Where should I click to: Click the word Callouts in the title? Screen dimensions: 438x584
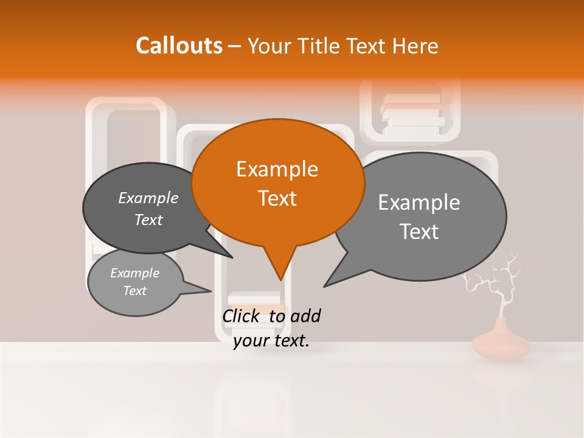179,46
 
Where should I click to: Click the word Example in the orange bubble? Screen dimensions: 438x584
277,169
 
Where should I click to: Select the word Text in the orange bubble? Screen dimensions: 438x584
277,198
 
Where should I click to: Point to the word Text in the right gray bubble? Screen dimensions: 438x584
419,232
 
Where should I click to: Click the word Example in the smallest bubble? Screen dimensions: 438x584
134,273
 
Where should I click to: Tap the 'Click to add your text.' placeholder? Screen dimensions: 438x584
271,328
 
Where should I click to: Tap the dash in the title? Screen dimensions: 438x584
235,46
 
